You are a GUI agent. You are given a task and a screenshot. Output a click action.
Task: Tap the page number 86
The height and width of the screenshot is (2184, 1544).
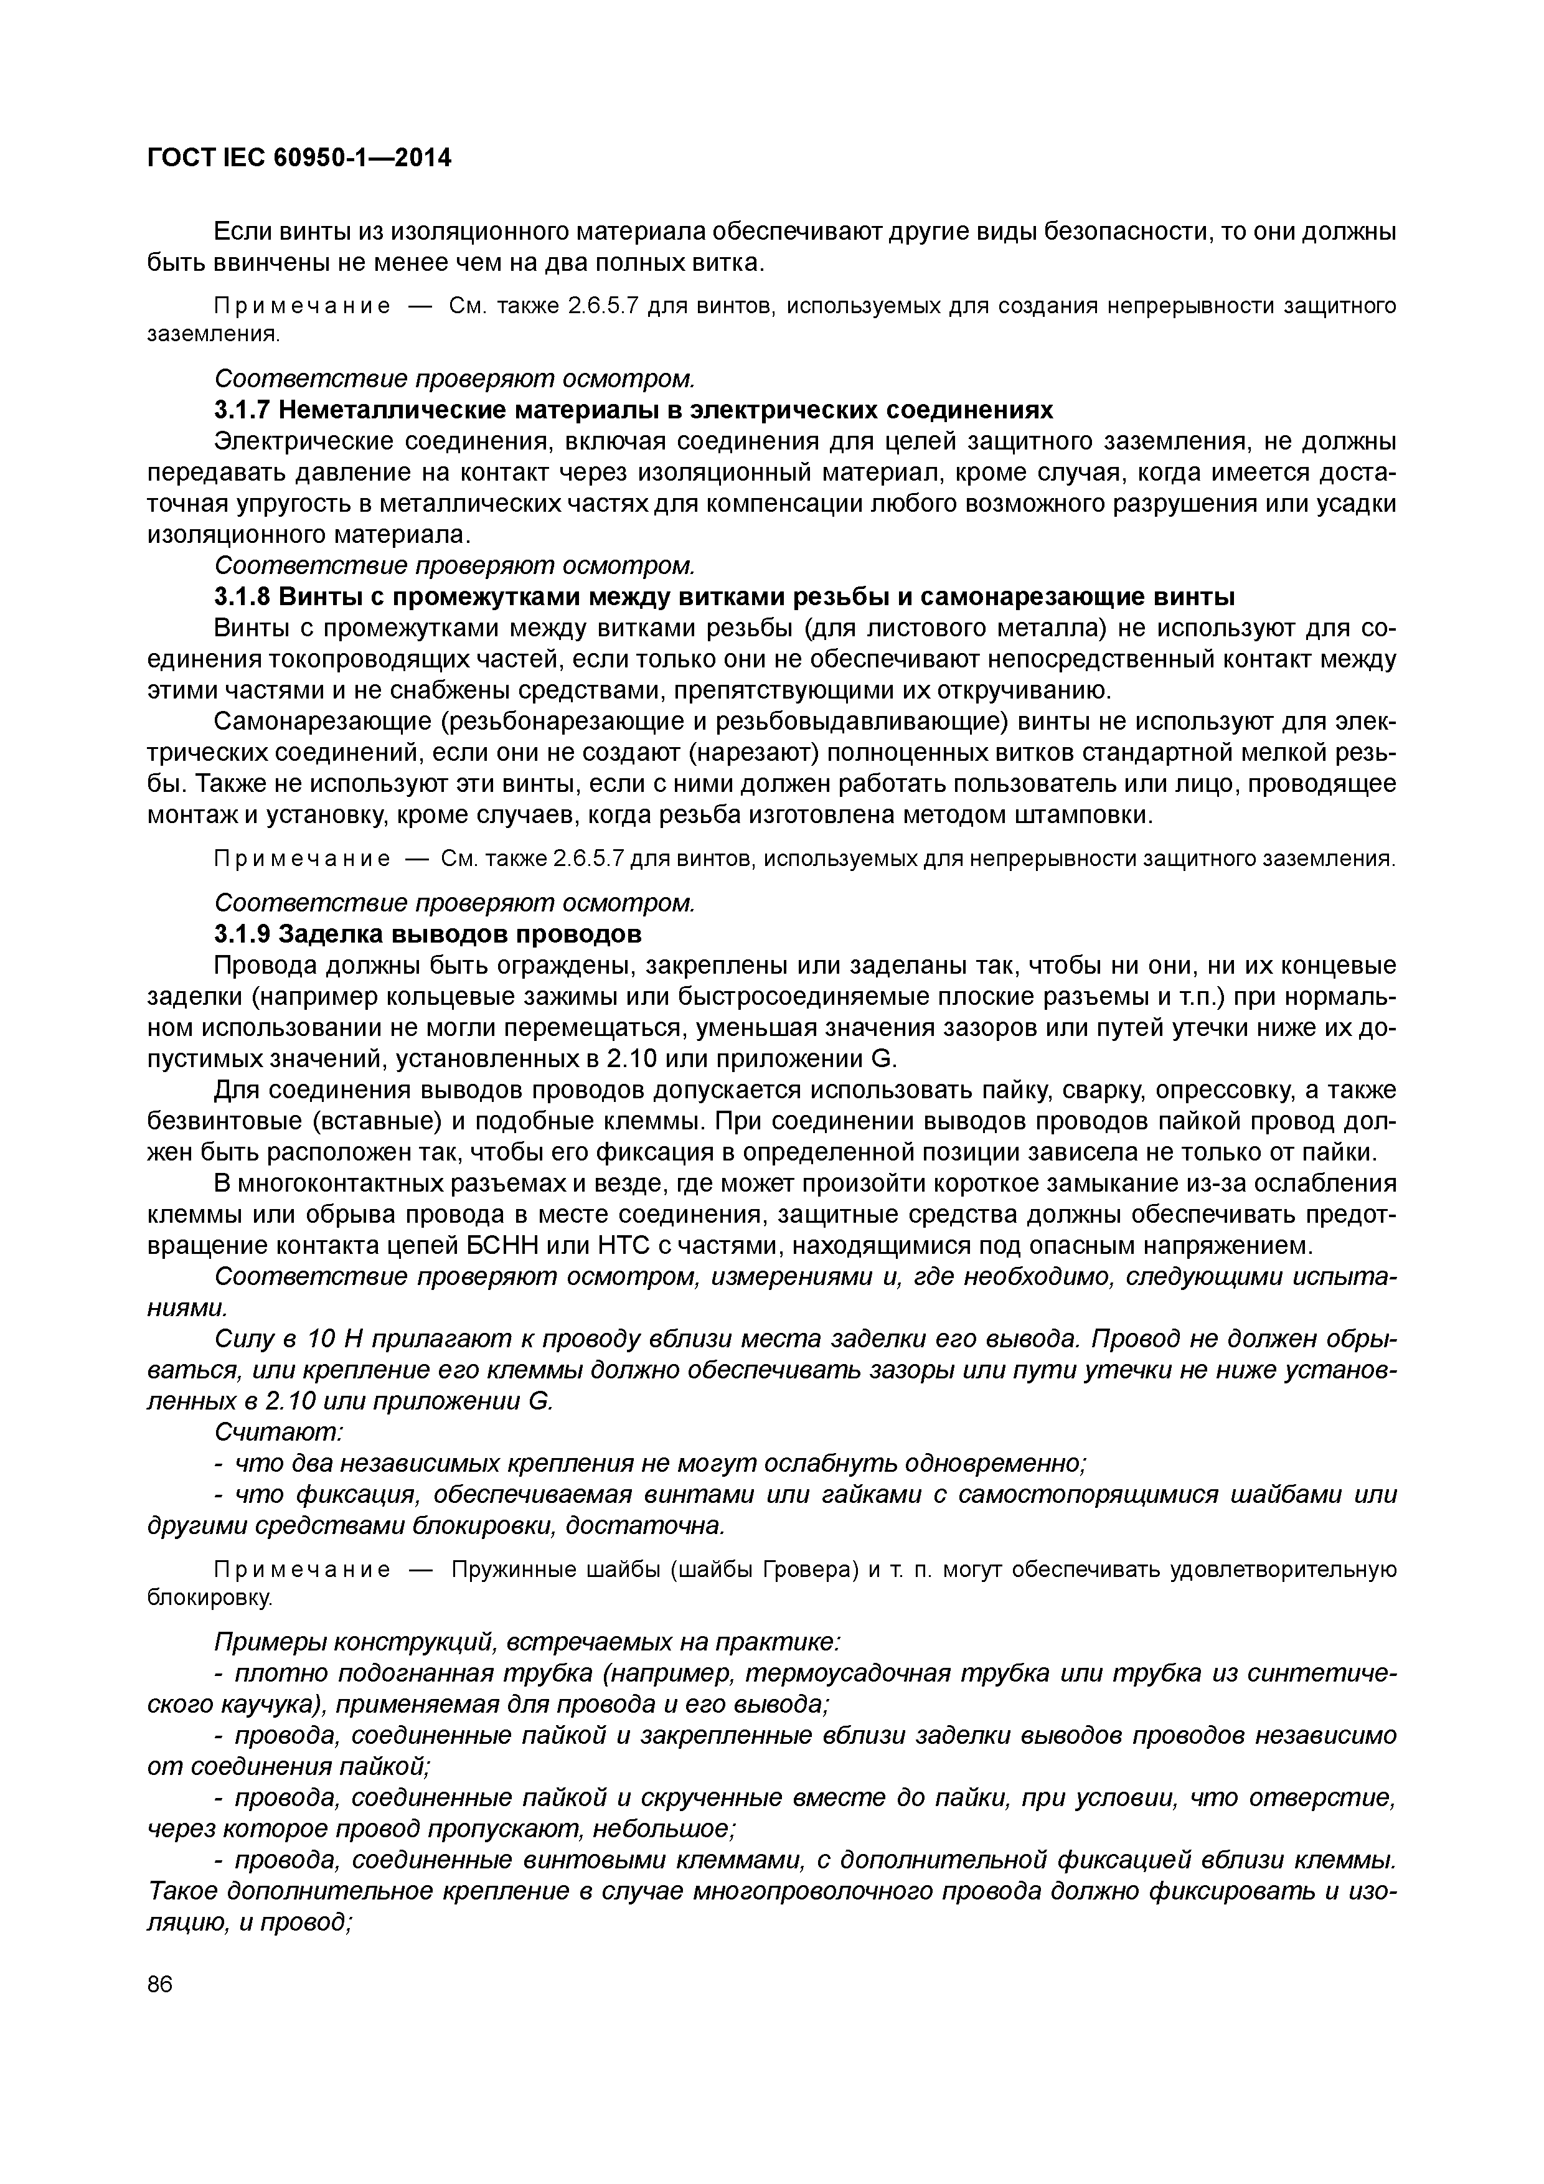click(x=161, y=1984)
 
